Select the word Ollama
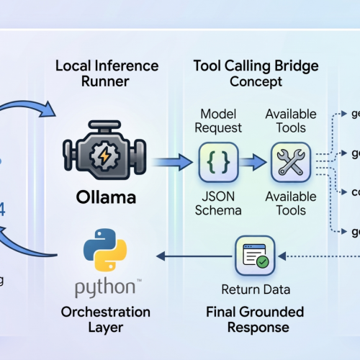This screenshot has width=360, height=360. coord(107,195)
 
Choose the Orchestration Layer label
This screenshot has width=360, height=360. coord(107,320)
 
